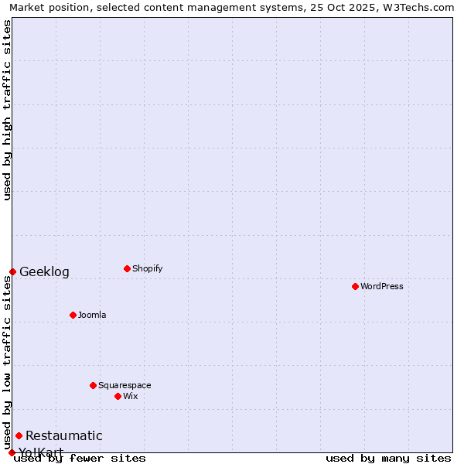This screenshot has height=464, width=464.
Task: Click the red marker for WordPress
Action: tap(355, 286)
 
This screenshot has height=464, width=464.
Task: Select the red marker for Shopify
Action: tap(127, 268)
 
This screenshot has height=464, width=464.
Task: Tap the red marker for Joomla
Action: tap(73, 315)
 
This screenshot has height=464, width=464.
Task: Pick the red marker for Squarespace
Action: tap(93, 385)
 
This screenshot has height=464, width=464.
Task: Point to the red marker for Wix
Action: tap(118, 396)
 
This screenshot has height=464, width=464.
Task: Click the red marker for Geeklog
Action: tap(12, 271)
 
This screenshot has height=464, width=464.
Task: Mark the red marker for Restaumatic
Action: tap(19, 435)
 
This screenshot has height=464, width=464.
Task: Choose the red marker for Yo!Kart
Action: tap(12, 452)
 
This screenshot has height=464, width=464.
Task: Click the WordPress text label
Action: tap(382, 286)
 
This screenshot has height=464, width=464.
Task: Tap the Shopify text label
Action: tap(148, 268)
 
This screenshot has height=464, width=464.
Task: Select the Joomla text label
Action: tap(92, 315)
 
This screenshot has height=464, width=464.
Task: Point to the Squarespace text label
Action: tap(125, 385)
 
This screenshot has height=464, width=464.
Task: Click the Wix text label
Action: tap(130, 396)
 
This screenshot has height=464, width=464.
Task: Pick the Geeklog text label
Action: tap(44, 271)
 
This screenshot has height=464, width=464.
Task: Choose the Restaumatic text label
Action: tap(64, 435)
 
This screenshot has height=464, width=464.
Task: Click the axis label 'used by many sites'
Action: tap(388, 458)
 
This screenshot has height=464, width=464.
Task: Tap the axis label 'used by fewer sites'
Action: tap(80, 458)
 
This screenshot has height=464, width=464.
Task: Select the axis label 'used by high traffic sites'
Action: tap(7, 110)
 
